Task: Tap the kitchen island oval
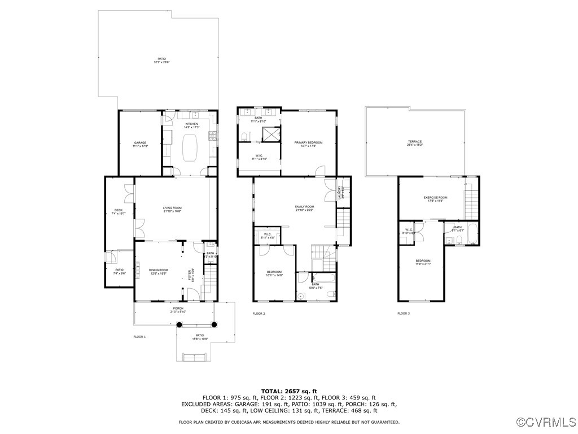pos(192,146)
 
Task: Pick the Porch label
pos(178,310)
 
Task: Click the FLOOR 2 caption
pos(259,313)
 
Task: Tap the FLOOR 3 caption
pos(404,313)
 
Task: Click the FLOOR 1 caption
pos(139,336)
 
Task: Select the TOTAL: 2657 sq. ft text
pos(289,391)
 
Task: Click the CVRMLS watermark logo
pos(546,422)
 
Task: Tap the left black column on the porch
pos(180,324)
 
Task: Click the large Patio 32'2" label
pos(162,60)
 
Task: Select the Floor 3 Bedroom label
pos(423,262)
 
